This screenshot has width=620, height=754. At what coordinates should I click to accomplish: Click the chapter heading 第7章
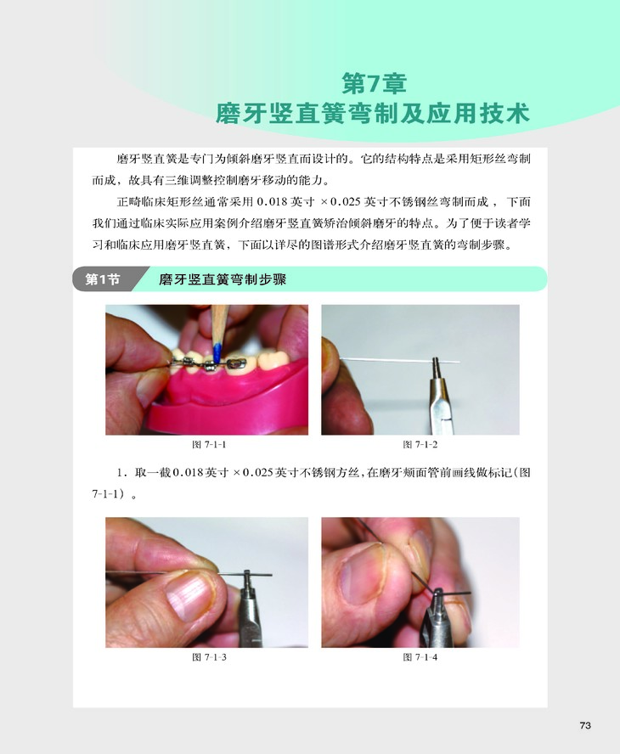click(x=375, y=83)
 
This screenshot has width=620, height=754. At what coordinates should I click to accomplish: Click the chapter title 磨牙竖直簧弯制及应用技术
click(x=372, y=114)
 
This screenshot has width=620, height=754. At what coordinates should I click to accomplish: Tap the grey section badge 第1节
click(x=102, y=279)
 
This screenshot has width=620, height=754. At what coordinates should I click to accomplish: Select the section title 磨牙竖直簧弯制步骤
click(x=223, y=279)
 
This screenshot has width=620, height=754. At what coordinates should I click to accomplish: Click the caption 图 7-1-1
click(x=209, y=444)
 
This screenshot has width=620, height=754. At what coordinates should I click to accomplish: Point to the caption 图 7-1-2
click(x=420, y=444)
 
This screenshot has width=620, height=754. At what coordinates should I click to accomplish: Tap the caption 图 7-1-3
click(x=209, y=657)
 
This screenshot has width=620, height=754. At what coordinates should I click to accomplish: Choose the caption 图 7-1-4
click(x=420, y=657)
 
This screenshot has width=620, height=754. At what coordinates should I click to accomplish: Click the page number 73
click(x=585, y=725)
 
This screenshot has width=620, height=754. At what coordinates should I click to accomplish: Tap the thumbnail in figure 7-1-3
click(x=189, y=597)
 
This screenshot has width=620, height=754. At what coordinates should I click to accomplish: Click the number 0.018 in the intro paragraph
click(x=273, y=202)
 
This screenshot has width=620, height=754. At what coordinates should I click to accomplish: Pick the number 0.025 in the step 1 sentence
click(x=258, y=473)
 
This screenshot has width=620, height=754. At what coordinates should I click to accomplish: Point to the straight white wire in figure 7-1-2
click(x=400, y=360)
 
